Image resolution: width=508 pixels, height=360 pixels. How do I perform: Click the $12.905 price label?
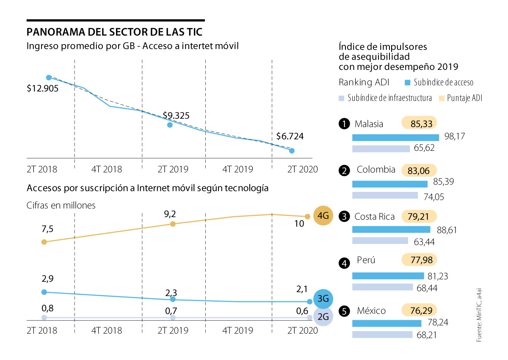43,89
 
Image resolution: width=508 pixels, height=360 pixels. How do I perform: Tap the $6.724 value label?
290,136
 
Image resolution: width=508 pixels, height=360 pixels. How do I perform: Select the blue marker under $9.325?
170,125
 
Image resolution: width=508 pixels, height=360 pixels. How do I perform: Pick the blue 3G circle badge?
323,299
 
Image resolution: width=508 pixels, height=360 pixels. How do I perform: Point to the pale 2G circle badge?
323,316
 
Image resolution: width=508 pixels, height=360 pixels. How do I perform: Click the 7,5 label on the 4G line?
36,229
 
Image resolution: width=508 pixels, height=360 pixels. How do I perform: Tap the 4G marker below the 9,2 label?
173,224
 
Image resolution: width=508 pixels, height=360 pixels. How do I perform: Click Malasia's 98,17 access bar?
395,137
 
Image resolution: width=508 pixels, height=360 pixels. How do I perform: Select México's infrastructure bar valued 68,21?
382,335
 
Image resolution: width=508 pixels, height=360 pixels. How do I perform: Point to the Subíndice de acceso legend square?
408,82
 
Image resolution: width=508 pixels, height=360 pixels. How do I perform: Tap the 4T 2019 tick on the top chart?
238,169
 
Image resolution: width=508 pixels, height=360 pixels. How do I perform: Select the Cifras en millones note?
61,205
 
